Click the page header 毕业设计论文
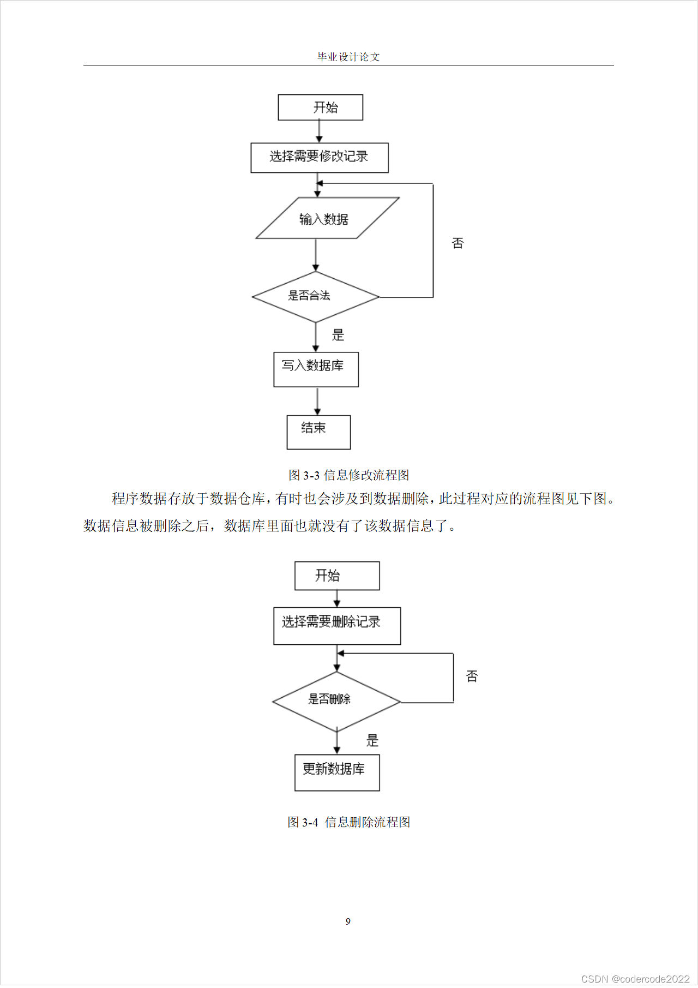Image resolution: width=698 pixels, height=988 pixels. tap(348, 57)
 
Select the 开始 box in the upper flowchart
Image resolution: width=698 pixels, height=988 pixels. tap(320, 107)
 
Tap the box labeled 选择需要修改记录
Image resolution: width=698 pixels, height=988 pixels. tap(320, 158)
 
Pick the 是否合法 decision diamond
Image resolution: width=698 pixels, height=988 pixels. tap(315, 297)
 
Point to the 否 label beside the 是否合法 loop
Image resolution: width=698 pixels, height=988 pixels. tap(458, 243)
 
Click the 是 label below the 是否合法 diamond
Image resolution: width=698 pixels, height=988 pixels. tap(338, 335)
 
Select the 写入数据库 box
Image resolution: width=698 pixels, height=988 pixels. tap(316, 369)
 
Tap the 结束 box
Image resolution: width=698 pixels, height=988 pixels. tap(318, 432)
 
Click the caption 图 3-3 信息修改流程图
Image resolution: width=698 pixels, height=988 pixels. tap(349, 475)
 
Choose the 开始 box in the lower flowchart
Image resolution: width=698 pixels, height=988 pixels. tap(337, 576)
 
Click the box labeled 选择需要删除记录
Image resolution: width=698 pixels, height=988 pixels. tap(337, 626)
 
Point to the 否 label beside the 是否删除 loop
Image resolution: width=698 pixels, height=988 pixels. tap(472, 676)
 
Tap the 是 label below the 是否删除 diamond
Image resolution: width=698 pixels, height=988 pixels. tap(372, 740)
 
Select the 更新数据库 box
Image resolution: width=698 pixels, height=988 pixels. tap(337, 773)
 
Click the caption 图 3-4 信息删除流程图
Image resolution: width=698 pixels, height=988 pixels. tap(349, 822)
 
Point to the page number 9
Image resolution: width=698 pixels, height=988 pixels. tap(348, 921)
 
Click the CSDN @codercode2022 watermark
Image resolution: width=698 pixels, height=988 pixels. tap(635, 979)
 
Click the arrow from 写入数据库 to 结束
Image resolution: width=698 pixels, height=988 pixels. tap(317, 402)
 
